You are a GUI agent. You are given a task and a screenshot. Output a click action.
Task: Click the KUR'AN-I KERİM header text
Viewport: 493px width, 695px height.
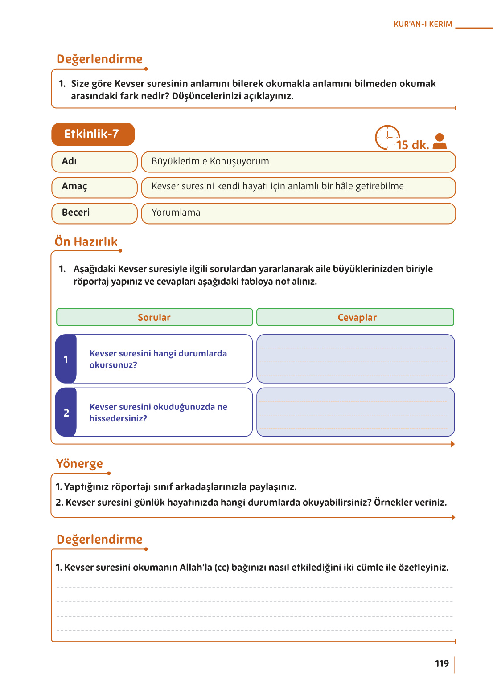pyautogui.click(x=423, y=24)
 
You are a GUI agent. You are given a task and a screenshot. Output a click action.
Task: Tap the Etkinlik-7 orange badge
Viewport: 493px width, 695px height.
pyautogui.click(x=93, y=134)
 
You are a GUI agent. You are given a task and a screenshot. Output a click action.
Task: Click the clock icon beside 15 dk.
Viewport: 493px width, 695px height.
pyautogui.click(x=387, y=137)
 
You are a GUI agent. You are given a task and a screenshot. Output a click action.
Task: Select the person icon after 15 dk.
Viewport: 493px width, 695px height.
pyautogui.click(x=440, y=141)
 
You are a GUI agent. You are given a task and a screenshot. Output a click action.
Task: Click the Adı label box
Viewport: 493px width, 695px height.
pyautogui.click(x=94, y=162)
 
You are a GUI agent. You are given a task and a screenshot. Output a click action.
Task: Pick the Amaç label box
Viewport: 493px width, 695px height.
pyautogui.click(x=94, y=187)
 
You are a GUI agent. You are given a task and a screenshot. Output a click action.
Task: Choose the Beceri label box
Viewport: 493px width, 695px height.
pyautogui.click(x=94, y=213)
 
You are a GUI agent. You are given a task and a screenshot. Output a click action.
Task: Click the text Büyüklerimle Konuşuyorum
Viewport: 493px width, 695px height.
pyautogui.click(x=210, y=161)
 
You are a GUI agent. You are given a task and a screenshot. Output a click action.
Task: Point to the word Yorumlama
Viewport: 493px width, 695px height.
pyautogui.click(x=176, y=213)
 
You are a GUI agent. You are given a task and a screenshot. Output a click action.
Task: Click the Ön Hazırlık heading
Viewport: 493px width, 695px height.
pyautogui.click(x=86, y=241)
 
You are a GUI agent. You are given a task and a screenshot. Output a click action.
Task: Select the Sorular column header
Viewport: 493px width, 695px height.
pyautogui.click(x=154, y=317)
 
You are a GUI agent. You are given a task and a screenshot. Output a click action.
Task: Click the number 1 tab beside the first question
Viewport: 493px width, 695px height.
pyautogui.click(x=66, y=359)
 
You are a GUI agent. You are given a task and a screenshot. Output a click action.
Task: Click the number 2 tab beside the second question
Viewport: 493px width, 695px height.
pyautogui.click(x=66, y=413)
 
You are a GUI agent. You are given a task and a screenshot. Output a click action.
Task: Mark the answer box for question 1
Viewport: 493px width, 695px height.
pyautogui.click(x=355, y=359)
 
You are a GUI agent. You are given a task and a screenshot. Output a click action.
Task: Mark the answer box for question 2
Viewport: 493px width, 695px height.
pyautogui.click(x=355, y=412)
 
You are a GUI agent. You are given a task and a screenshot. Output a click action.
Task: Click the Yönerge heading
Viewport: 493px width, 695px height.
pyautogui.click(x=79, y=464)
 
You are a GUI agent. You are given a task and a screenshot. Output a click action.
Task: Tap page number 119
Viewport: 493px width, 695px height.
pyautogui.click(x=442, y=663)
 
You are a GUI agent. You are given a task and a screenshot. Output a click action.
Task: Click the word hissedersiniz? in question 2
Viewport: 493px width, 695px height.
pyautogui.click(x=118, y=418)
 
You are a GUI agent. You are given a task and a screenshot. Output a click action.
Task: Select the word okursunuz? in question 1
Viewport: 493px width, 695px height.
pyautogui.click(x=113, y=365)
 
